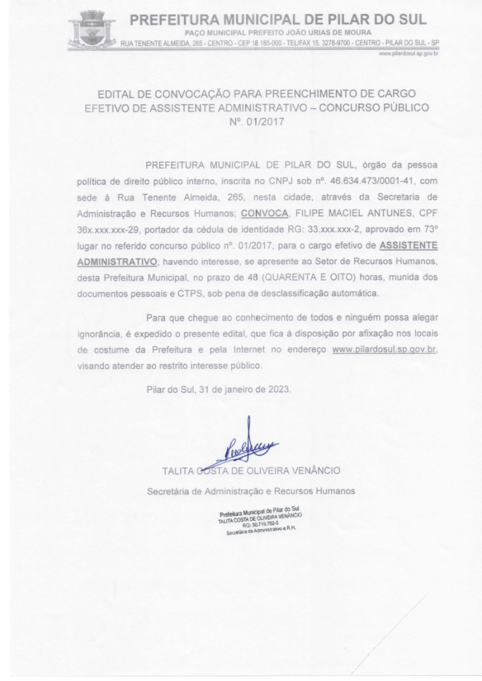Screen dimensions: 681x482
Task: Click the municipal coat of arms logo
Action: tap(91, 27)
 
